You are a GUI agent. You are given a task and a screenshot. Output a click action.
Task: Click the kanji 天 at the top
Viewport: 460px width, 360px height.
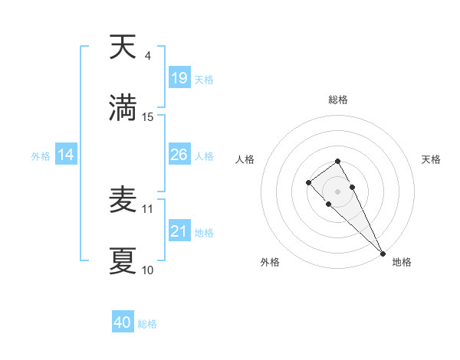click(123, 47)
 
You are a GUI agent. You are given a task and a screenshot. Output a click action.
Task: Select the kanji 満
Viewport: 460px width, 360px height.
click(123, 107)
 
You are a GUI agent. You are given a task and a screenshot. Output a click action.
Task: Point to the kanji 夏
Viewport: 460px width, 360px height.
click(123, 260)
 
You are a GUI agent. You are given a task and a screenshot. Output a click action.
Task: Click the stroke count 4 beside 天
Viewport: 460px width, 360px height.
click(148, 56)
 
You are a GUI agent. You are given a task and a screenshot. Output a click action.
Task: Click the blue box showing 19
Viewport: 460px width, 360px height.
click(179, 78)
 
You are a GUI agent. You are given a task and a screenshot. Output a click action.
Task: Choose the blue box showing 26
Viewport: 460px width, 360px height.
click(179, 155)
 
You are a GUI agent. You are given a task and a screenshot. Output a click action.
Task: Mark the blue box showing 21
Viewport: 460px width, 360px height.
click(179, 231)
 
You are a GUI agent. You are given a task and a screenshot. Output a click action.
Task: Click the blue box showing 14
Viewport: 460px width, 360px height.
click(66, 155)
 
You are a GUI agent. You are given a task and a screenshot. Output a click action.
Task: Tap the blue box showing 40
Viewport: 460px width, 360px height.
click(123, 322)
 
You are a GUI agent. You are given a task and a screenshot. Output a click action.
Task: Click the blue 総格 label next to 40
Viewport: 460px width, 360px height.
click(147, 324)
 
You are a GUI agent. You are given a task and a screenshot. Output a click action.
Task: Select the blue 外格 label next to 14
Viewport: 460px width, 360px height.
click(41, 156)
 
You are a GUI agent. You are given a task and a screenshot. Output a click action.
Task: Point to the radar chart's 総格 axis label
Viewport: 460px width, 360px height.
click(337, 100)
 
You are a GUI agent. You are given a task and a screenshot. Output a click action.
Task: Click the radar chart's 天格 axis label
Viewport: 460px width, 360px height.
click(431, 159)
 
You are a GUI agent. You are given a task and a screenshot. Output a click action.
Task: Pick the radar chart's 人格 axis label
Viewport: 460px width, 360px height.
click(245, 159)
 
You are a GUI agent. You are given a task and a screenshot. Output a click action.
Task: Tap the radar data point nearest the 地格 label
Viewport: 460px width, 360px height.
click(383, 254)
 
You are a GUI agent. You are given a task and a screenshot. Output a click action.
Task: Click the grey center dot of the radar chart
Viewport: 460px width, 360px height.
click(337, 191)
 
